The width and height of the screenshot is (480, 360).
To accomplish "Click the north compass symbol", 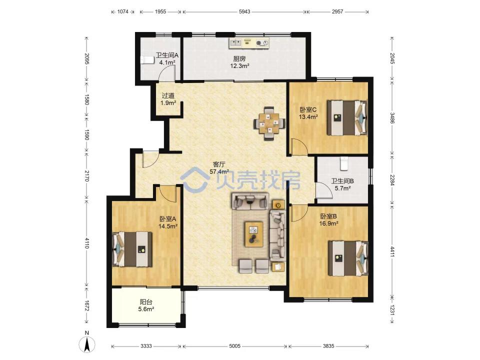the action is pos(87,344).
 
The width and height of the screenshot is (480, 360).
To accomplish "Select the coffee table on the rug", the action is pos(254,234).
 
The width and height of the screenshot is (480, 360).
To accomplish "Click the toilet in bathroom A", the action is pos(147,60).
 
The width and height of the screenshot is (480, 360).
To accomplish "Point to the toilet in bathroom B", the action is pos(344,163).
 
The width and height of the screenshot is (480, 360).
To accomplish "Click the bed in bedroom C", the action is pos(347,117).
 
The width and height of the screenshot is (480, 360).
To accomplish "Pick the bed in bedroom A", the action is pos(132,249).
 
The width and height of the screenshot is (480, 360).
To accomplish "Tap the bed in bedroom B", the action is pos(348,258).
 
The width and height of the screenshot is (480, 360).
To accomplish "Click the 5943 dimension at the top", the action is pos(244,11).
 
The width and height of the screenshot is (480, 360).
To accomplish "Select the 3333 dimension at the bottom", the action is pos(146,346).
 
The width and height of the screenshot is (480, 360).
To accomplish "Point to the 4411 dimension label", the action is pos(392,251).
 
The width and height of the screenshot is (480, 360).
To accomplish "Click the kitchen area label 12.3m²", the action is pos(239,65).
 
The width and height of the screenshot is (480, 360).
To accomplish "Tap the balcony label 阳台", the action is pos(146,302).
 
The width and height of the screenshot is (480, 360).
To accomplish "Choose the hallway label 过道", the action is pos(168,96).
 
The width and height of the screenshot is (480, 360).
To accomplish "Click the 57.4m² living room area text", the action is pos(219,171).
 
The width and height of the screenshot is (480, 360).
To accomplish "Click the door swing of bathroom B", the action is pos(324,190).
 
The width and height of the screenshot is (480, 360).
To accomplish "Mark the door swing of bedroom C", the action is pos(299,146).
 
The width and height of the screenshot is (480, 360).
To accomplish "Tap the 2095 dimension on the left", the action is pos(87,59).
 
